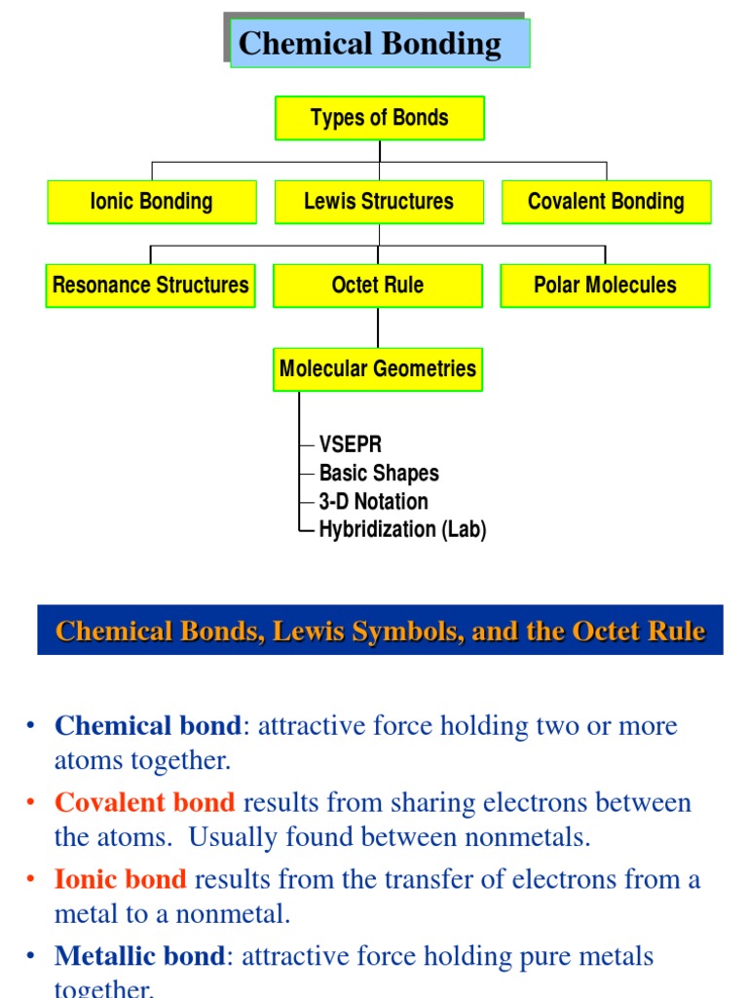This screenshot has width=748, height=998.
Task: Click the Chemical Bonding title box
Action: pyautogui.click(x=380, y=44)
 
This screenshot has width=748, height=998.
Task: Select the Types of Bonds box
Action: pyautogui.click(x=380, y=118)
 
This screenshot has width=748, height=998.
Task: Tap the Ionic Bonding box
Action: pyautogui.click(x=151, y=202)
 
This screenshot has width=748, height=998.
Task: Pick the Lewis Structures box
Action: pyautogui.click(x=379, y=202)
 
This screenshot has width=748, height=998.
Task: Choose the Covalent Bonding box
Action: pyautogui.click(x=606, y=202)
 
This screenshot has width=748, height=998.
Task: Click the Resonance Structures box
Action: pyautogui.click(x=150, y=286)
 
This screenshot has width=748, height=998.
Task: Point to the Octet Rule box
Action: pyautogui.click(x=378, y=286)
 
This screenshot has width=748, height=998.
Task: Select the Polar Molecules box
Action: pyautogui.click(x=605, y=286)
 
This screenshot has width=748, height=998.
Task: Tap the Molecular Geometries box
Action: pyautogui.click(x=378, y=369)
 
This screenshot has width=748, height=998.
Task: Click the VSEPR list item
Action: pyautogui.click(x=351, y=445)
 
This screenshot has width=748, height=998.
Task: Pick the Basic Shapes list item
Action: pyautogui.click(x=379, y=474)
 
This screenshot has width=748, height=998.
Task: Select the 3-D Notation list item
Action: pyautogui.click(x=373, y=502)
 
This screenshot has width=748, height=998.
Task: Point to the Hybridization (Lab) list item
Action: pyautogui.click(x=402, y=530)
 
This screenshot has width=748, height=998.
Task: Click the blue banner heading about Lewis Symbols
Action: pyautogui.click(x=380, y=631)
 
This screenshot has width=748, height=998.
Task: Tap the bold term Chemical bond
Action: pyautogui.click(x=147, y=726)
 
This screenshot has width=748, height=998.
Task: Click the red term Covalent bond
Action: pyautogui.click(x=145, y=803)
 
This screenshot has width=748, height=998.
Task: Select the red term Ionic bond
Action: pyautogui.click(x=121, y=880)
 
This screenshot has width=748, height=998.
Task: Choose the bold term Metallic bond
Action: pyautogui.click(x=140, y=957)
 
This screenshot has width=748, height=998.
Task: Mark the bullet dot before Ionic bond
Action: pyautogui.click(x=31, y=880)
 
